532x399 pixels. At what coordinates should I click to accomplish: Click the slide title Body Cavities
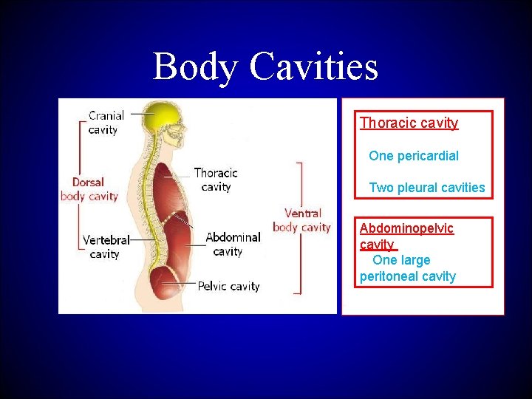point(265,66)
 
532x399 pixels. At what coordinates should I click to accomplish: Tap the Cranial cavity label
point(106,123)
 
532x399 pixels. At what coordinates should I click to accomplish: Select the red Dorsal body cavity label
point(89,189)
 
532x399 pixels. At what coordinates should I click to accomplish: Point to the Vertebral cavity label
point(106,247)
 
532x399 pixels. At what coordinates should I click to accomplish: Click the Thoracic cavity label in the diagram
point(216,180)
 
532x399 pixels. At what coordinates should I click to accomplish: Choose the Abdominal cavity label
point(233,244)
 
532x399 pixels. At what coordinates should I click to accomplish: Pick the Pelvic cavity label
point(228,286)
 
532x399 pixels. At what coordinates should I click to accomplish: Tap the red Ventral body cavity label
point(301,220)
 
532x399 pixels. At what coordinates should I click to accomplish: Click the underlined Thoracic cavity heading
point(409,123)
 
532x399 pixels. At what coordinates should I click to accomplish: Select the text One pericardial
point(413,156)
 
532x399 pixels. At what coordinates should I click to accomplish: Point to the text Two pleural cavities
point(426,188)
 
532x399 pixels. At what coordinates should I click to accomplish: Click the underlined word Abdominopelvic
point(406,228)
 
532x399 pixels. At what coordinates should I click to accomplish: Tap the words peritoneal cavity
point(407,276)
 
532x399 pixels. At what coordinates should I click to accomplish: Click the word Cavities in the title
point(314,66)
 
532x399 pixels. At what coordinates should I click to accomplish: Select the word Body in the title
point(195,66)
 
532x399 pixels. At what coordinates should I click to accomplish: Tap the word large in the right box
point(415,260)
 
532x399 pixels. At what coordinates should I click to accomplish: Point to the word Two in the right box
point(381,188)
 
